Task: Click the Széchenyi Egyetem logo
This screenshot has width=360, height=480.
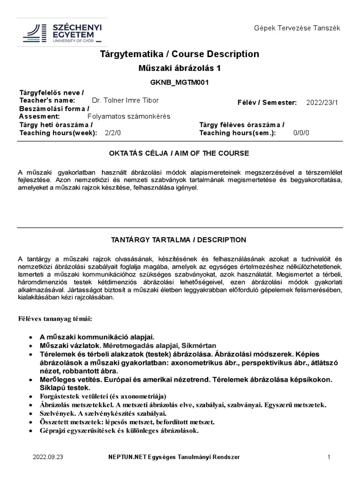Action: tap(62, 33)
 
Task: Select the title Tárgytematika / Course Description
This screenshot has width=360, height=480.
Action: tap(179, 54)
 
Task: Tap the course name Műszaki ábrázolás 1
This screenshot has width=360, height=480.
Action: tap(179, 68)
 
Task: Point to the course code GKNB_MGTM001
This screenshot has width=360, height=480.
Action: tap(179, 82)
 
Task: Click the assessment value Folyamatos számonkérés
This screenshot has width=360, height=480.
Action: tap(129, 116)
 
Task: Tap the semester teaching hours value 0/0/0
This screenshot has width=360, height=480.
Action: tap(301, 133)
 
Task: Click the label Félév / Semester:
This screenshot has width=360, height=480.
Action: tap(267, 103)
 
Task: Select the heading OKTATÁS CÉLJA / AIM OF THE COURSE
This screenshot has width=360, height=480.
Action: tap(179, 153)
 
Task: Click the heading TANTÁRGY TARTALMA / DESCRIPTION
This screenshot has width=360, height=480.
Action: tap(178, 240)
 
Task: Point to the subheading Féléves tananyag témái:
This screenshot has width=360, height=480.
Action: tap(55, 319)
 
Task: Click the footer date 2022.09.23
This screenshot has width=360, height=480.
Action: tap(47, 457)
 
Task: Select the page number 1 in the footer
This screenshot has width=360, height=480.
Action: tap(329, 457)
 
